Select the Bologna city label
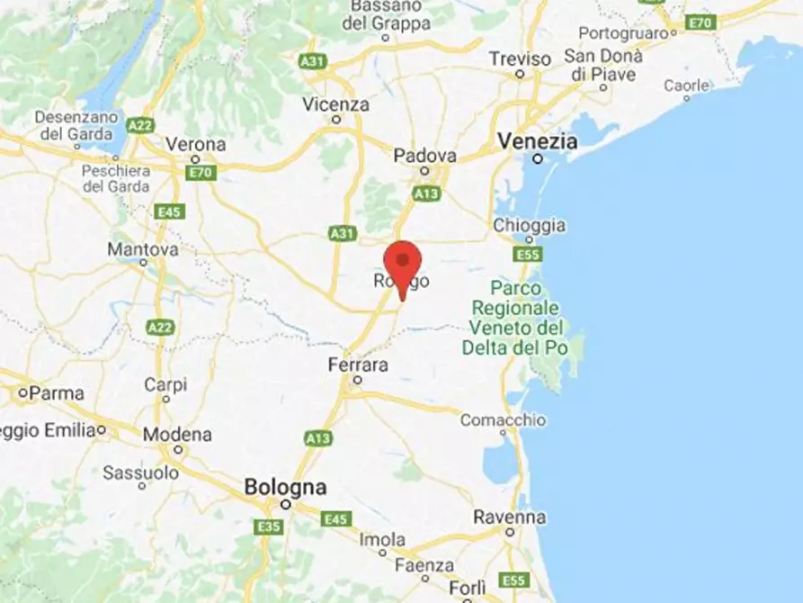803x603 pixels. point(285,487)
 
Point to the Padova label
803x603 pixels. point(424,155)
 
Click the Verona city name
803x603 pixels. point(195,144)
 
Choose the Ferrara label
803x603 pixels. point(358,365)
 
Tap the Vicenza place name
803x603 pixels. point(335,104)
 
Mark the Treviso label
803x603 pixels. point(520,58)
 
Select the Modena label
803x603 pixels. point(177,435)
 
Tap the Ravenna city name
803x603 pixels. point(510,517)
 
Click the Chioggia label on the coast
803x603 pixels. point(530,225)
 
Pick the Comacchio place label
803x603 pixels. point(503,419)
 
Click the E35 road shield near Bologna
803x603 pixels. point(268,526)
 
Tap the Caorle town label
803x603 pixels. point(686,85)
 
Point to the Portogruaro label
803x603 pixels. point(627,32)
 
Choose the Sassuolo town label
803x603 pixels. point(140,472)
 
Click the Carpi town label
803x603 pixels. point(165,384)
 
